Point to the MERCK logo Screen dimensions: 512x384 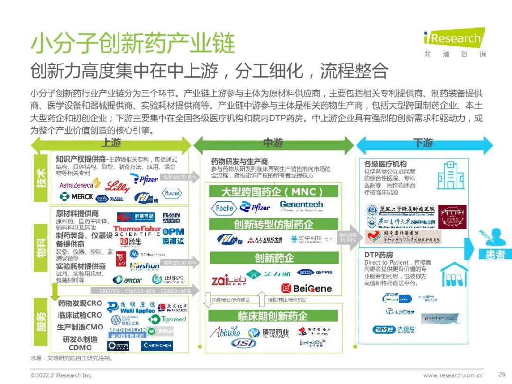[76, 196]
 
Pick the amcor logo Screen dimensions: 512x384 [128, 280]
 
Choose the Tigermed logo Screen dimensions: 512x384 [167, 319]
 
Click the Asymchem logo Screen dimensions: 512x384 [157, 346]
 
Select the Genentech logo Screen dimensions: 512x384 [302, 206]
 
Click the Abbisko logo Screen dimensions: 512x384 [225, 332]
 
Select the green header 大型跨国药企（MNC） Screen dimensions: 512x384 [273, 192]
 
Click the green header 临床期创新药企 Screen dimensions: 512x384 [273, 316]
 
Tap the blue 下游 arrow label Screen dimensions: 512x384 [424, 143]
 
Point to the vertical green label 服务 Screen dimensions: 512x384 [41, 321]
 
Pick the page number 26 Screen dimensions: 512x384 [502, 375]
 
